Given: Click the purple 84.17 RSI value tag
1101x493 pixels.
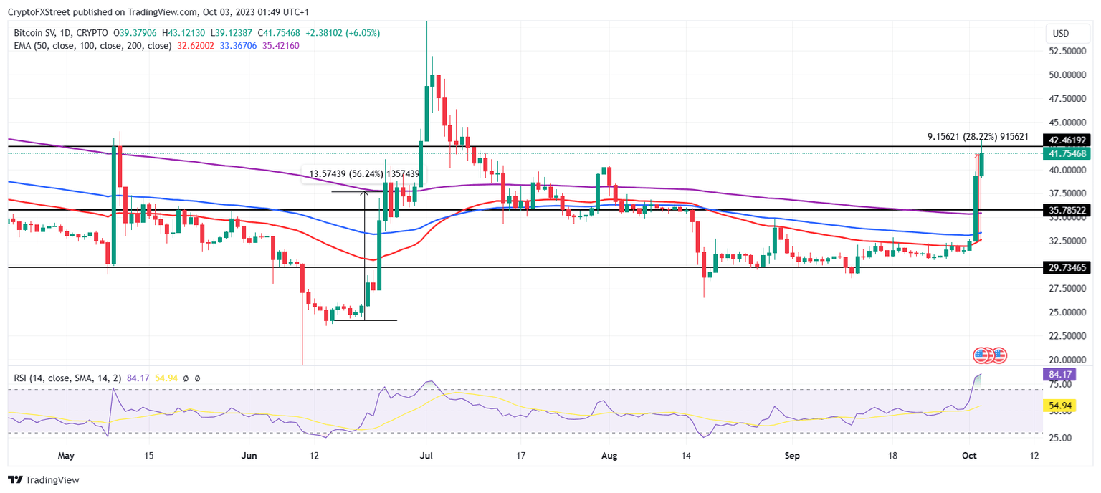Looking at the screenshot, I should (1059, 373).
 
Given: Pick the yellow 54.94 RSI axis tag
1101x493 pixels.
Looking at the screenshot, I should (1059, 406).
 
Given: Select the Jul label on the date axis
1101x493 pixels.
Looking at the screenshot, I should (426, 455).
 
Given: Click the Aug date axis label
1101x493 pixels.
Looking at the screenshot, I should (609, 455).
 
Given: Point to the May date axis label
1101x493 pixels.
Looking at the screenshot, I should (66, 455).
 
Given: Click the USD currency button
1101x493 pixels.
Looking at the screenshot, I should (1060, 34).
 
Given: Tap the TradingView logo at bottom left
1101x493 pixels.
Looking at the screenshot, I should (44, 479).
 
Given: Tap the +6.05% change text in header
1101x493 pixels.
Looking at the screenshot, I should (364, 33).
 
